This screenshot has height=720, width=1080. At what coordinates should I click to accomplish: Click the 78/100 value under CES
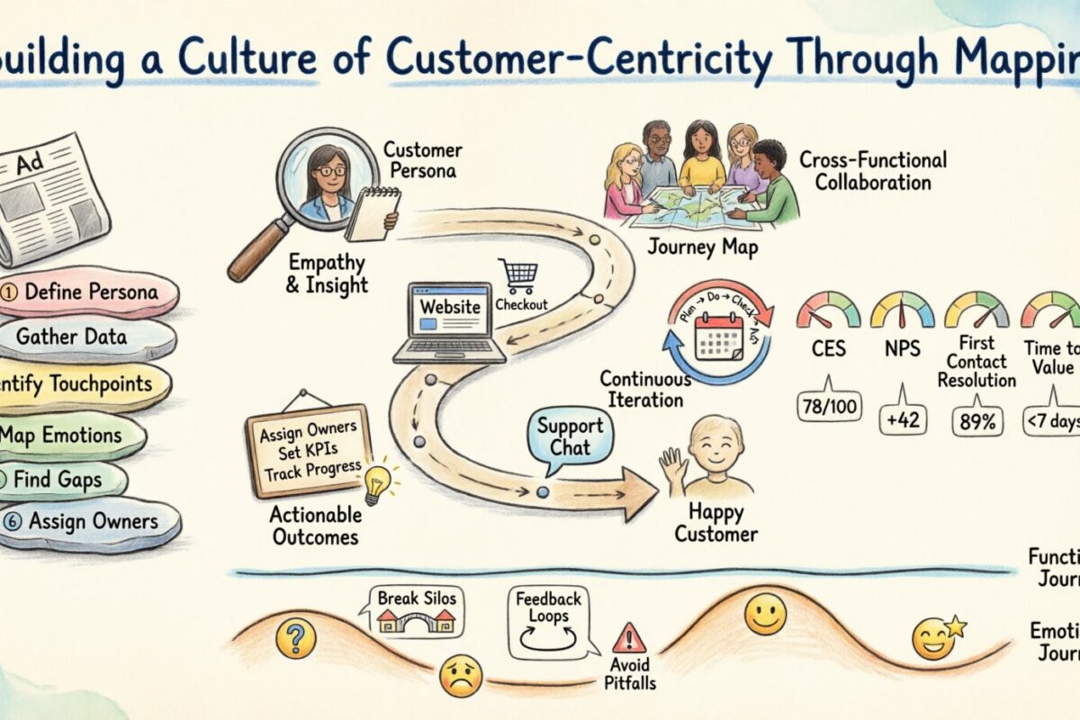(x=827, y=408)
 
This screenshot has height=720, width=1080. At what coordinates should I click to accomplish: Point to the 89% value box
(x=976, y=420)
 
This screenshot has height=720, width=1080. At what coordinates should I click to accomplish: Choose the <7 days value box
(x=1051, y=420)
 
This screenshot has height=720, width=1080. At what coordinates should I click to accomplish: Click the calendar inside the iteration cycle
(x=717, y=337)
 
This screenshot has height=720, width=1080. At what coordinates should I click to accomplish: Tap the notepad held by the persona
(x=374, y=213)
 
